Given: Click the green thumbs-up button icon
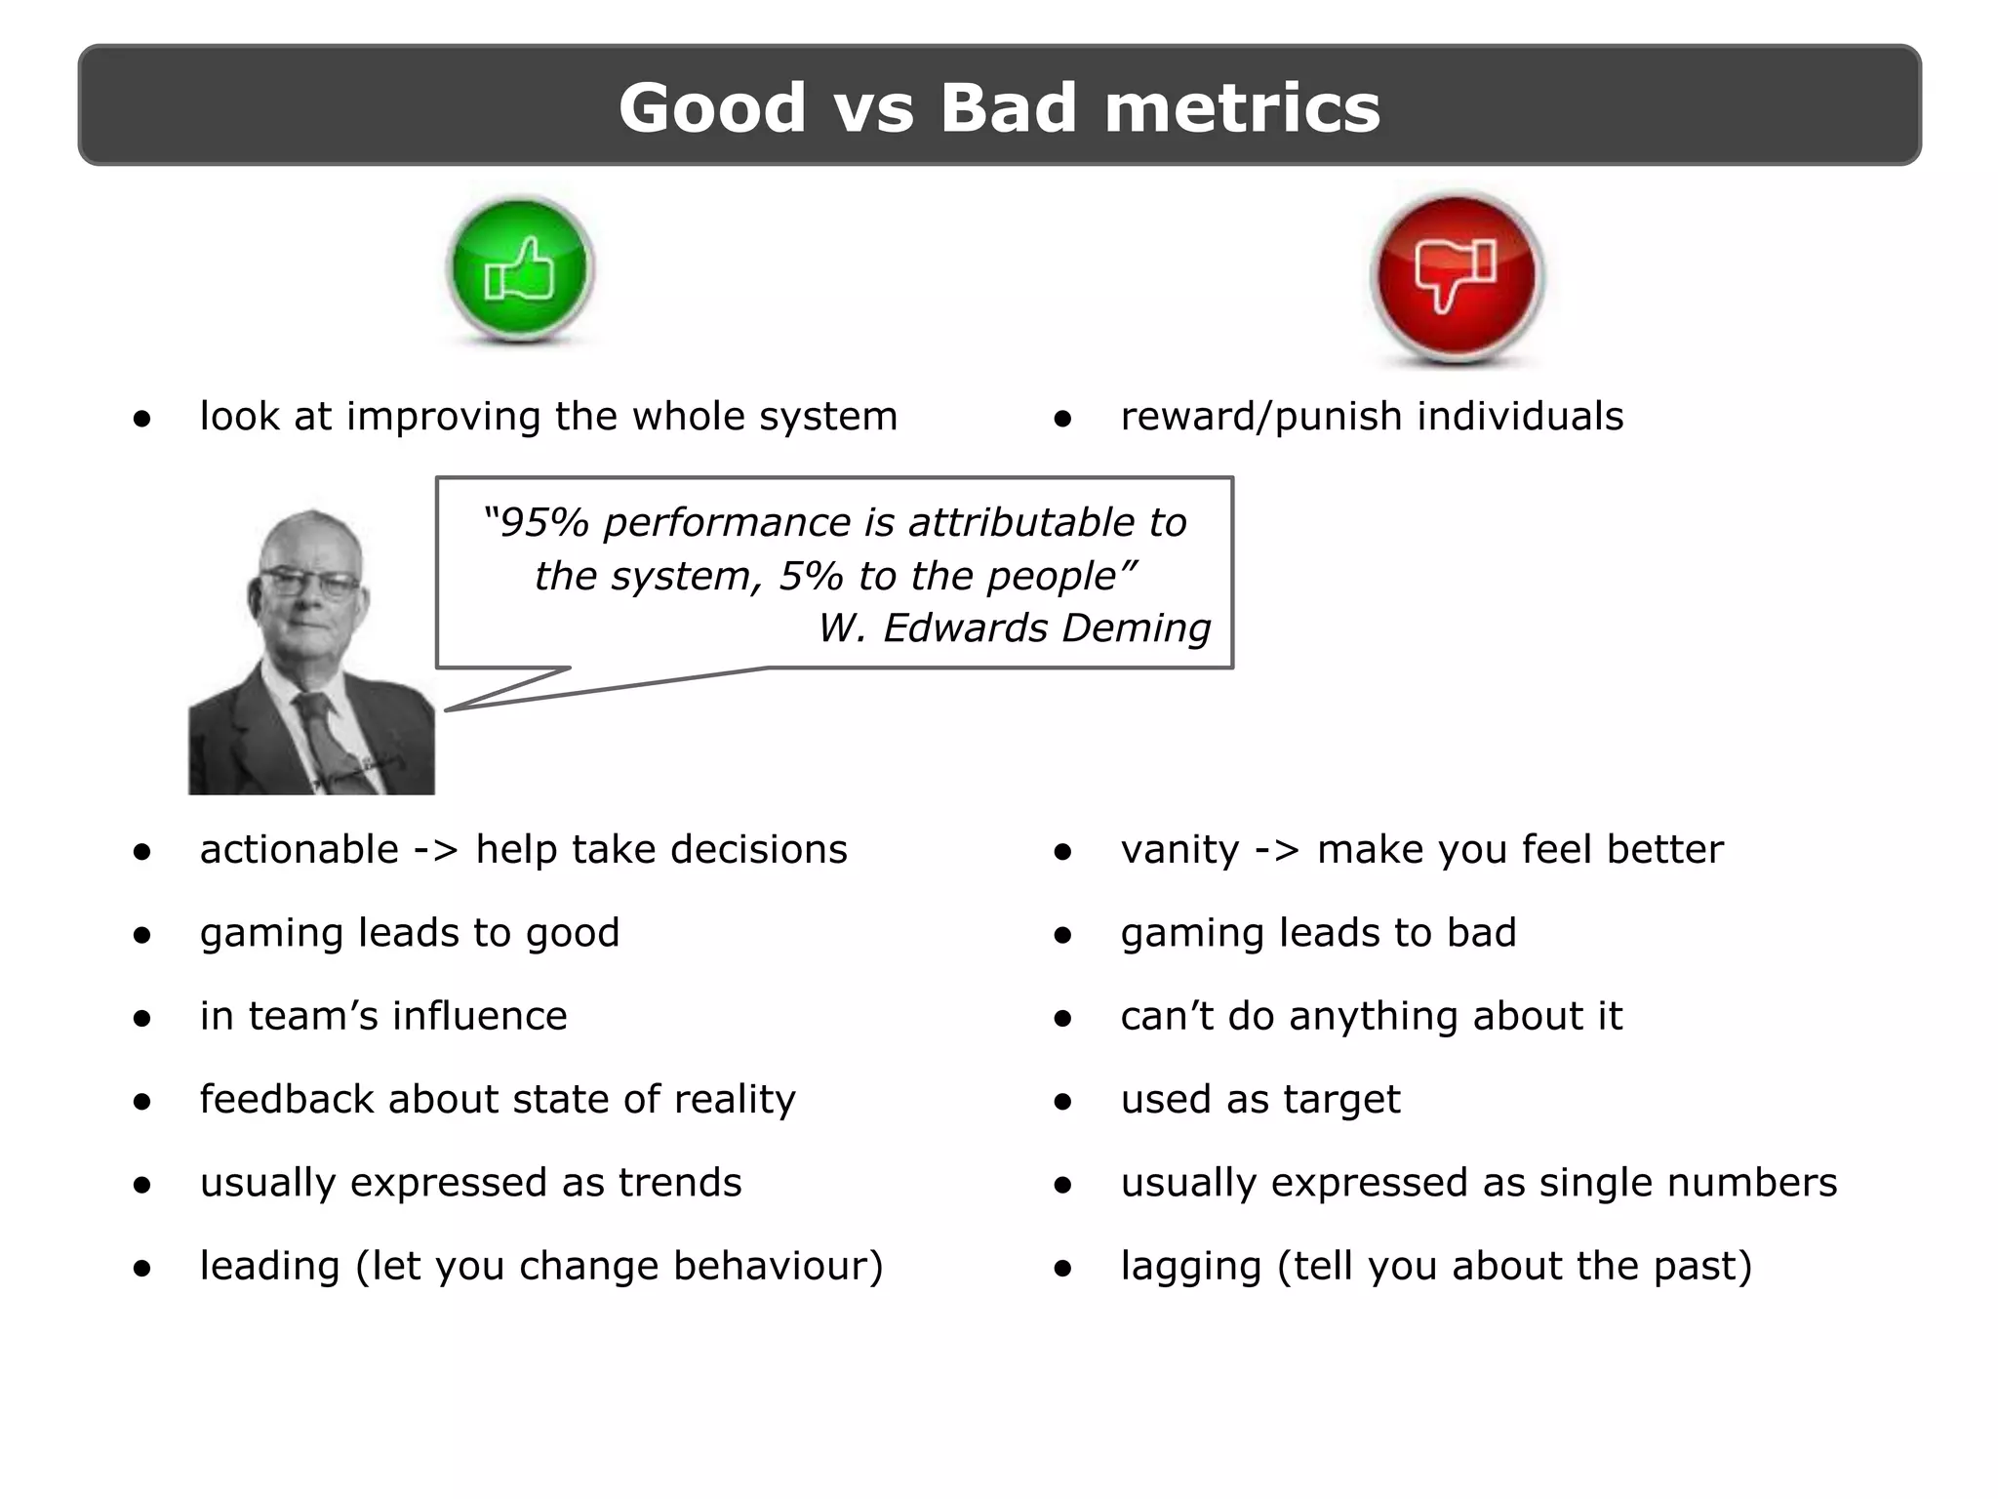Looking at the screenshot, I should pos(520,269).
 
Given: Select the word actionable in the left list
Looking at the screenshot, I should pos(300,850).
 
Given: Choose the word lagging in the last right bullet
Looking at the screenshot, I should pos(1190,1267).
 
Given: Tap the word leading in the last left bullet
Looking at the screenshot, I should pos(269,1267).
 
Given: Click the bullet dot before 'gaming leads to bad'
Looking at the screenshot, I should pos(1062,936).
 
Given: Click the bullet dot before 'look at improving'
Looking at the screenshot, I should pos(142,420).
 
